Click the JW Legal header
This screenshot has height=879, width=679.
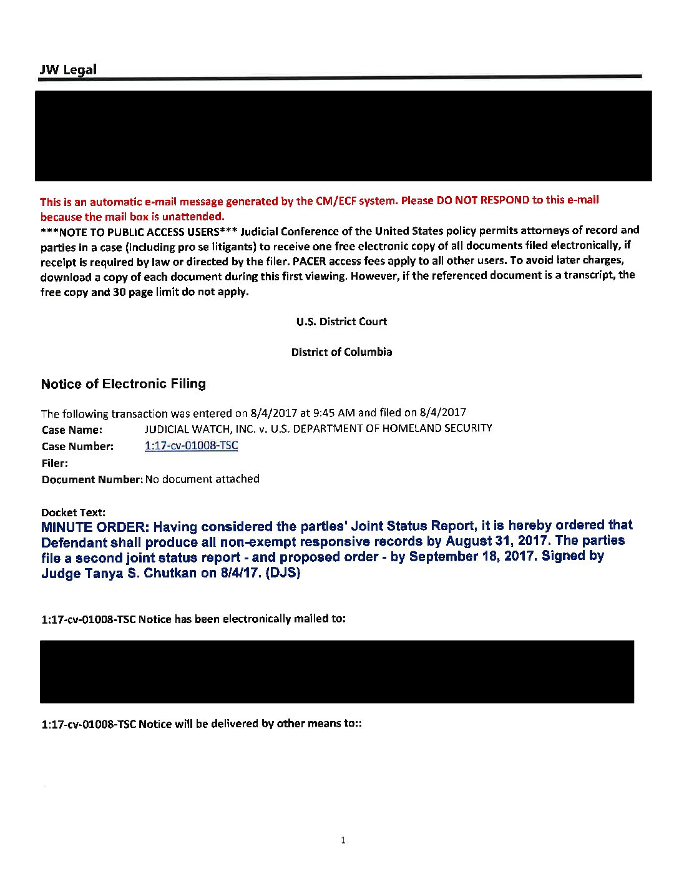tap(68, 69)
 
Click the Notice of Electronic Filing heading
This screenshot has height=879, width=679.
tap(123, 384)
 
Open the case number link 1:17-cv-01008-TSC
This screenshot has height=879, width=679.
tap(191, 446)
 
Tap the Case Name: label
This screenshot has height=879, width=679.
tap(72, 430)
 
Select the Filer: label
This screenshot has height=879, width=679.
tap(55, 463)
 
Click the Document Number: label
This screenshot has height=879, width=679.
tap(92, 479)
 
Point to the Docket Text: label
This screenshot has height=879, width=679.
tap(73, 513)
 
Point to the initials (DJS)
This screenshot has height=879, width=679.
tap(283, 572)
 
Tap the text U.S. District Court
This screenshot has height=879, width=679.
tap(341, 322)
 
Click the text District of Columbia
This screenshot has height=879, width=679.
tap(341, 352)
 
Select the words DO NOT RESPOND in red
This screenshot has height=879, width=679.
tap(483, 200)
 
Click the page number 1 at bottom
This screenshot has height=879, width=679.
tap(343, 840)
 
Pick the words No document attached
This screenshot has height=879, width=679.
tap(202, 479)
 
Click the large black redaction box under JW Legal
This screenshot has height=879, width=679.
tap(343, 135)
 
